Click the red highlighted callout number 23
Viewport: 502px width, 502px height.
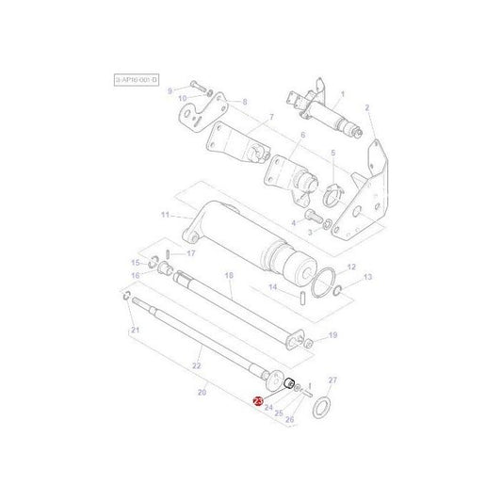[259, 401]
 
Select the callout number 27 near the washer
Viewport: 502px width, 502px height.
[331, 380]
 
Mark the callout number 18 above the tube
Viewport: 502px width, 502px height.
[229, 275]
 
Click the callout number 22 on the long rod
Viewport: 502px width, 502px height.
[197, 365]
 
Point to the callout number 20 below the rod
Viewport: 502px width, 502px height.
[202, 391]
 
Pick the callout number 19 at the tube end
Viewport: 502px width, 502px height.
[332, 334]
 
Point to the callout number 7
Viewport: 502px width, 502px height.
[271, 117]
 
